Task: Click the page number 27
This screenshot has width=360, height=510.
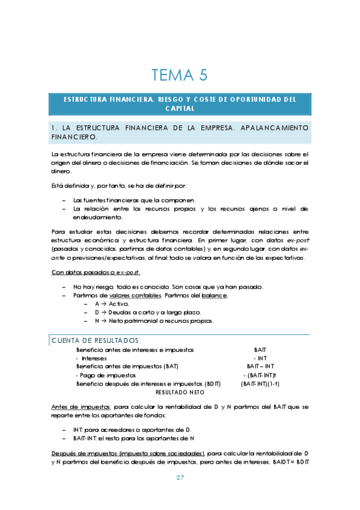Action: [x=180, y=478]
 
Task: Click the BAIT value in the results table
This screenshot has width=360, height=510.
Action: [x=260, y=349]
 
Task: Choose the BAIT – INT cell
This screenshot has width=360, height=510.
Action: [x=261, y=366]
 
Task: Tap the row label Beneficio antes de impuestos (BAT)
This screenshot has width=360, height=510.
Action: [x=127, y=366]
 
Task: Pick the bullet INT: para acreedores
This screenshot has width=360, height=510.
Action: [x=132, y=430]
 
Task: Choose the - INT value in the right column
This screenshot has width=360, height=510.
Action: [x=261, y=358]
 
